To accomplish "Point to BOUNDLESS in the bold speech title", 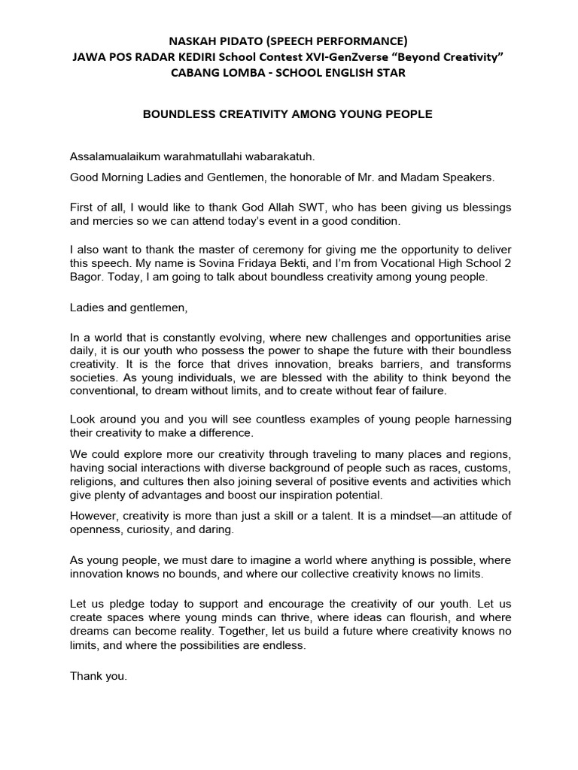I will tap(178, 114).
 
